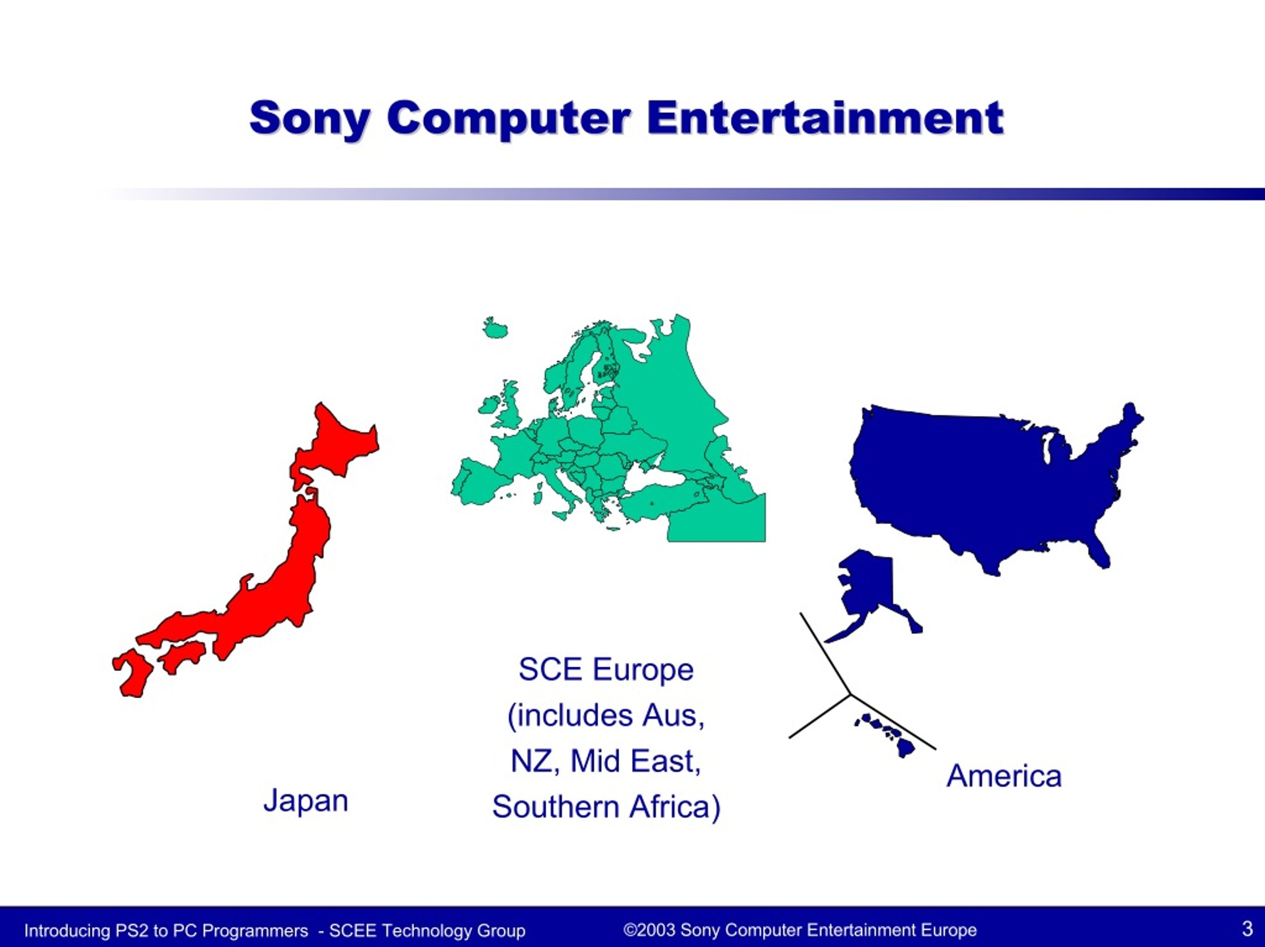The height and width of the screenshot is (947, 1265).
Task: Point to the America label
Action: (x=1004, y=776)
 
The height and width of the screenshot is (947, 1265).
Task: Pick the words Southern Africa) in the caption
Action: (x=606, y=807)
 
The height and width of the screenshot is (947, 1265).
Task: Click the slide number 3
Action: (x=1247, y=929)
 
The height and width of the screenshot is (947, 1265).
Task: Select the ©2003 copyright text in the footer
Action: (x=800, y=930)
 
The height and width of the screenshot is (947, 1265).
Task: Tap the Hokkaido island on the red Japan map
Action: (x=335, y=446)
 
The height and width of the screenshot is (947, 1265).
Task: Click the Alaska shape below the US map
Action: (x=872, y=594)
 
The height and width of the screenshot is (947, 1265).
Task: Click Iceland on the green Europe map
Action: (x=495, y=328)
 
